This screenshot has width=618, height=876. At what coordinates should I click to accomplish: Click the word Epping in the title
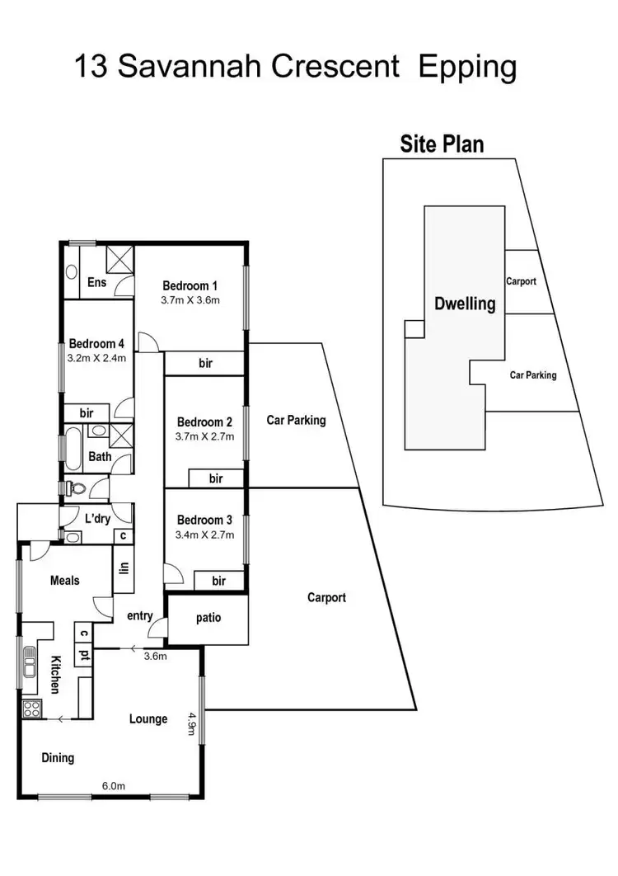pyautogui.click(x=467, y=67)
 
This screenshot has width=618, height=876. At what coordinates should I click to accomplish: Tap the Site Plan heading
pyautogui.click(x=442, y=144)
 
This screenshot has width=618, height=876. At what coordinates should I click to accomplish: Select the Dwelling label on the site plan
pyautogui.click(x=465, y=304)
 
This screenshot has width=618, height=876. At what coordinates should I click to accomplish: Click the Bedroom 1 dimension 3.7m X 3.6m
pyautogui.click(x=190, y=300)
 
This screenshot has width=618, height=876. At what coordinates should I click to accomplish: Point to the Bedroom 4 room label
pyautogui.click(x=97, y=344)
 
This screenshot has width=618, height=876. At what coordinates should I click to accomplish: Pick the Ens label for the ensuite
pyautogui.click(x=96, y=283)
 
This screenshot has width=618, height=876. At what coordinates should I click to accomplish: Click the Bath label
pyautogui.click(x=100, y=456)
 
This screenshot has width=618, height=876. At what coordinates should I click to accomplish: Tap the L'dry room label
pyautogui.click(x=98, y=519)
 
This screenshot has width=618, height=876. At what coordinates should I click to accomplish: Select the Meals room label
pyautogui.click(x=65, y=581)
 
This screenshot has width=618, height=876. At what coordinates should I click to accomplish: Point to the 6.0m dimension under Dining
pyautogui.click(x=112, y=786)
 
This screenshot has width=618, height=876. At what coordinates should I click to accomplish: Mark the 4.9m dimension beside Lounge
pyautogui.click(x=191, y=724)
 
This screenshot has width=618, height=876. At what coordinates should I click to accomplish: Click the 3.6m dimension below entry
pyautogui.click(x=156, y=657)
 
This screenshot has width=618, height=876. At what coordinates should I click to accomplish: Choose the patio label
pyautogui.click(x=208, y=617)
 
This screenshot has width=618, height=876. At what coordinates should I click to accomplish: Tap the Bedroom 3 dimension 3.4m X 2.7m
pyautogui.click(x=206, y=535)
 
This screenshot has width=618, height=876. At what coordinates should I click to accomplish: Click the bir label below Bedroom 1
pyautogui.click(x=207, y=363)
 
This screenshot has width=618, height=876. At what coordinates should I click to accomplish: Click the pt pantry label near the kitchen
pyautogui.click(x=84, y=654)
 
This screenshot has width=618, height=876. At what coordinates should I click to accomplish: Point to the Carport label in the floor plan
pyautogui.click(x=326, y=597)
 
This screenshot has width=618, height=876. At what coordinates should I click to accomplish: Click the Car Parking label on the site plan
pyautogui.click(x=532, y=374)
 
